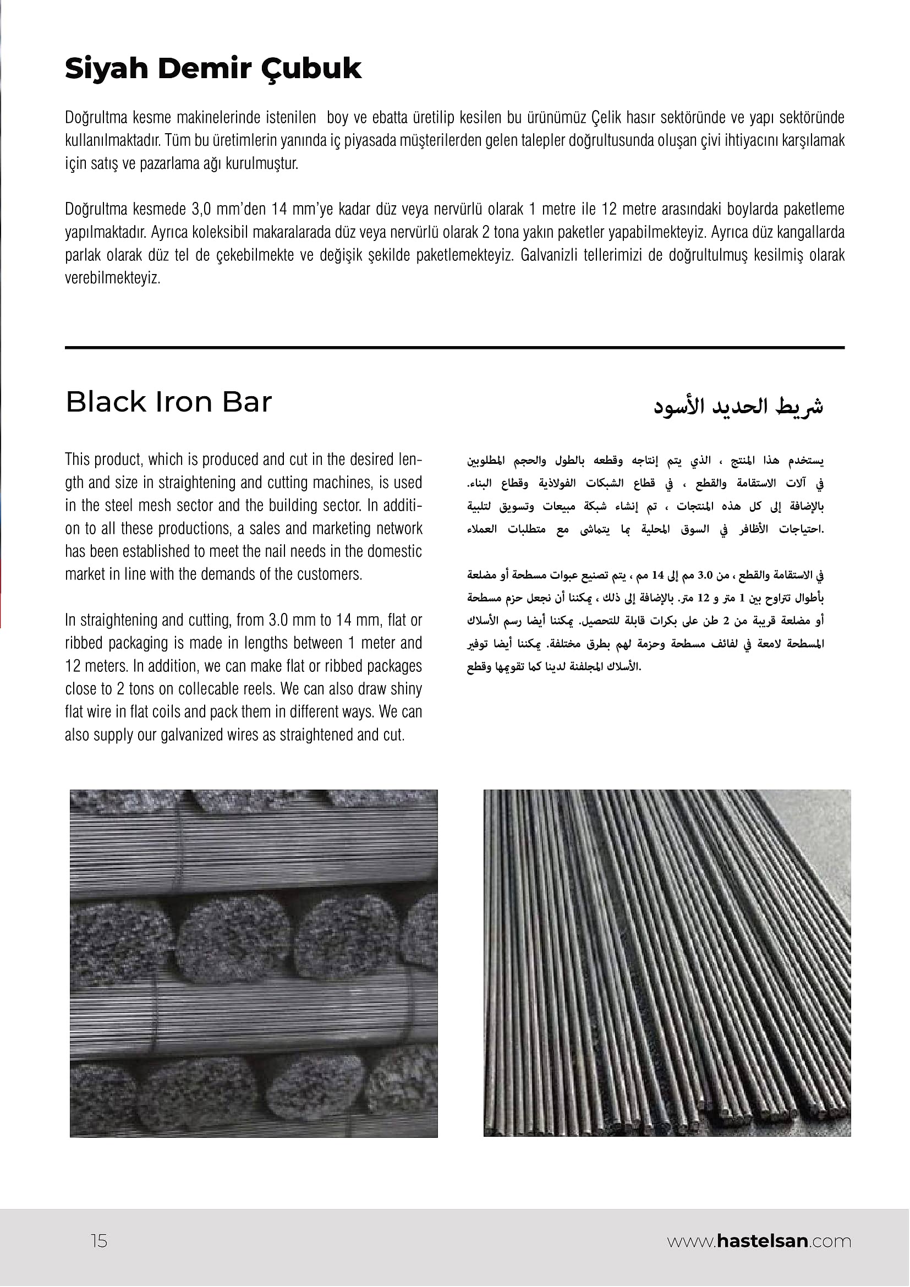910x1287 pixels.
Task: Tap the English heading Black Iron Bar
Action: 169,402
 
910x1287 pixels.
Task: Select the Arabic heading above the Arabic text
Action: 738,406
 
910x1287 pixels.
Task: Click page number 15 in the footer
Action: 98,1241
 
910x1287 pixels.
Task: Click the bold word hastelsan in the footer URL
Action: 761,1241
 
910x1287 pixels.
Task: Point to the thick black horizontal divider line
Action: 454,348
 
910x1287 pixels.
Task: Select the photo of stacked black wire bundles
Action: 254,963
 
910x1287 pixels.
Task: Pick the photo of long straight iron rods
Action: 667,963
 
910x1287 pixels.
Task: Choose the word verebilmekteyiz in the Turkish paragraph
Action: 112,278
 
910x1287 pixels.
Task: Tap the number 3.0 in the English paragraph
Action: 278,621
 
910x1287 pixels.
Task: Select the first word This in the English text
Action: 77,459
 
